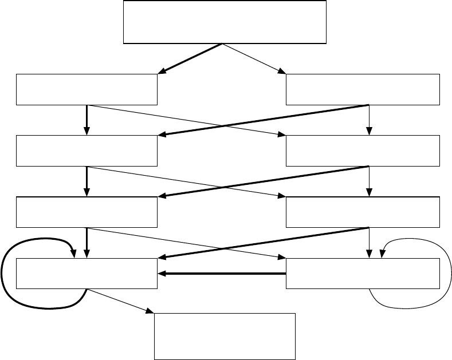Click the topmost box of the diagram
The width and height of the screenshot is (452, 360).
(225, 22)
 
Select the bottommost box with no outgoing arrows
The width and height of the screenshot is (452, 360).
(225, 335)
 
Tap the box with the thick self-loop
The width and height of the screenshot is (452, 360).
(87, 274)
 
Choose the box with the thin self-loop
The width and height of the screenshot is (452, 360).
(363, 274)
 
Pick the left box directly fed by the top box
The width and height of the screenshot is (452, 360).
(87, 89)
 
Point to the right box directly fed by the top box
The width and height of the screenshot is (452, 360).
(363, 89)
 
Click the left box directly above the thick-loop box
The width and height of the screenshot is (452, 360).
(87, 212)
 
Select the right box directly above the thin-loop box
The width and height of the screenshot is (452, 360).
(363, 212)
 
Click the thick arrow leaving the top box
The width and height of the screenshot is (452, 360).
(192, 58)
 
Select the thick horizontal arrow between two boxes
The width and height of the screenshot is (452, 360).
(223, 274)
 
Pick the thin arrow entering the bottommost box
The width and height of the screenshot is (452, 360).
(120, 300)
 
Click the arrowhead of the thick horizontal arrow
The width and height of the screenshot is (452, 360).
(162, 274)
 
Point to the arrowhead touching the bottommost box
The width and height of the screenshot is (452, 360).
(151, 311)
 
